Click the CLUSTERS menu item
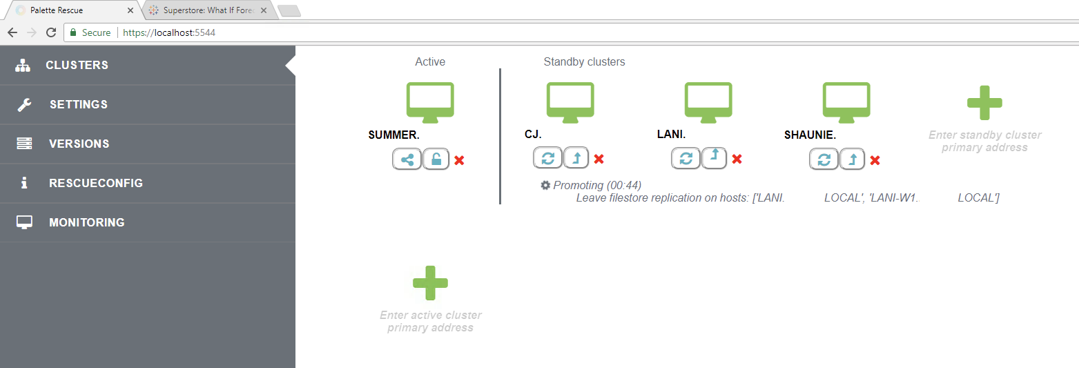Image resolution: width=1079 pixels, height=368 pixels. tap(77, 65)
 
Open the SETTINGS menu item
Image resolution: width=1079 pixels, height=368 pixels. tap(78, 104)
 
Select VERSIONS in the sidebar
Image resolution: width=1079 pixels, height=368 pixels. tap(79, 144)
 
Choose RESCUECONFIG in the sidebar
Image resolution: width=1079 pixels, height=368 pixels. tap(95, 183)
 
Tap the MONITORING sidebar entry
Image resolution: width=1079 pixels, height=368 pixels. tap(86, 222)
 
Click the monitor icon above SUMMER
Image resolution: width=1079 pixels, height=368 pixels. tap(430, 101)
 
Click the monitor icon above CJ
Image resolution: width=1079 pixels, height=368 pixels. tap(570, 101)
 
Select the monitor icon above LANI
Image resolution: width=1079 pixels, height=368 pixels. tap(708, 101)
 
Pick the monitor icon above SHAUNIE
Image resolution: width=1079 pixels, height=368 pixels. tap(846, 101)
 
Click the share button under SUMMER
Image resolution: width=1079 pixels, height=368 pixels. tap(407, 159)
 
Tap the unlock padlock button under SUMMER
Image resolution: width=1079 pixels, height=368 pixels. tap(436, 159)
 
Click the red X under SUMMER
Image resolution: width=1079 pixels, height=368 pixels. tap(459, 160)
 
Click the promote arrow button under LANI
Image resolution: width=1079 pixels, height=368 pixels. tap(715, 158)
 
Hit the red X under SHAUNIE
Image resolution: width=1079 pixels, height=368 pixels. tap(875, 160)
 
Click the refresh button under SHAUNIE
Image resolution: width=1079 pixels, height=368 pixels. tap(824, 159)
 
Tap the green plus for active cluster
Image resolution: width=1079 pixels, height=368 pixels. tap(430, 283)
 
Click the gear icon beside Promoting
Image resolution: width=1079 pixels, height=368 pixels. tap(545, 185)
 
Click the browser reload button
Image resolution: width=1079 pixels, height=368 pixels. tap(50, 32)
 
